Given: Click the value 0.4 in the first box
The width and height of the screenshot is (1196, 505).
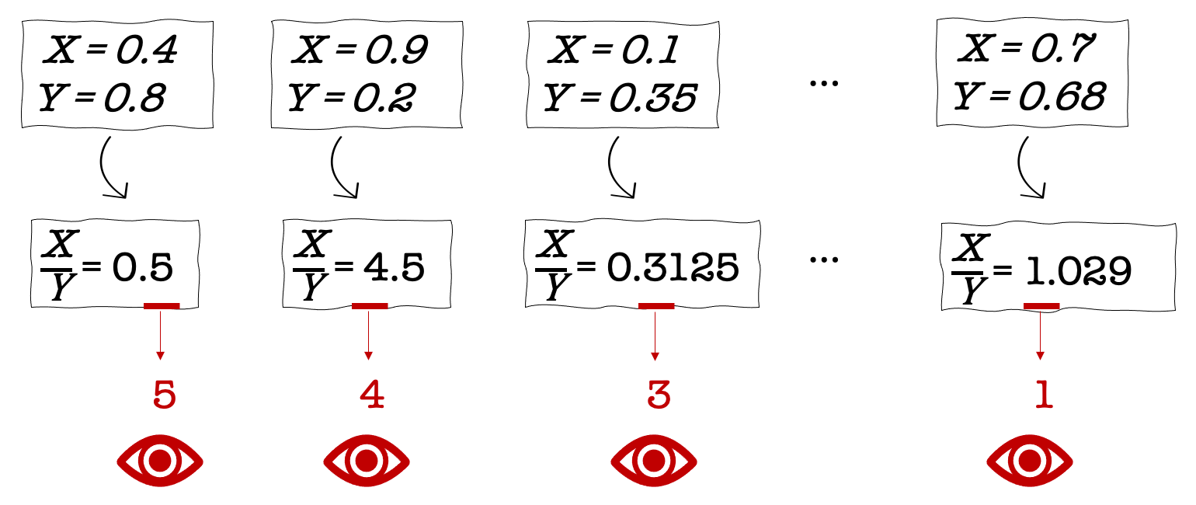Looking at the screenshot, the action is (146, 50).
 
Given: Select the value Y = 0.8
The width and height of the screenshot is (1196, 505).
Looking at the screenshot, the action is (102, 98).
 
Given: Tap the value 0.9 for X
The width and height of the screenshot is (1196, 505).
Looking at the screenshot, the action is (396, 50).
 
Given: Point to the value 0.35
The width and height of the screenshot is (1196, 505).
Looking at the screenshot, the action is (653, 98).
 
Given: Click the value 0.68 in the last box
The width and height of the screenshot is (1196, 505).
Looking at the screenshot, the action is (1062, 96).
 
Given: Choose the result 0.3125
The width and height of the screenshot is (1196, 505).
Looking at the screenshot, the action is (673, 267).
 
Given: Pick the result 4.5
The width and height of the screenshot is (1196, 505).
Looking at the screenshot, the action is (394, 267).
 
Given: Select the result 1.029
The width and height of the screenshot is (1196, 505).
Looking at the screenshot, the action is (1079, 271).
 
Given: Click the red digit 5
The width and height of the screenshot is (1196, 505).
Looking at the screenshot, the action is (165, 395).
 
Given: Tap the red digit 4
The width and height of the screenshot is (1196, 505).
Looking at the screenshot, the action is (372, 395).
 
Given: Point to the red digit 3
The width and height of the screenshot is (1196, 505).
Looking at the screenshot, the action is (659, 395).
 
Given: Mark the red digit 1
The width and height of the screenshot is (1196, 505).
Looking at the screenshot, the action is (1045, 395).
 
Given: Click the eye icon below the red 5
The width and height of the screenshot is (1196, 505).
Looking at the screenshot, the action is (160, 461).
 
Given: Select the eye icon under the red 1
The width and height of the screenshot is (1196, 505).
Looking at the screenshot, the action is (1030, 461).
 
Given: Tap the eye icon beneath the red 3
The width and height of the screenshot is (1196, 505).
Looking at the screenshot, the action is (654, 461).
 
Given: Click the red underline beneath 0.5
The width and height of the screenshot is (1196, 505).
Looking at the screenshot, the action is (162, 306).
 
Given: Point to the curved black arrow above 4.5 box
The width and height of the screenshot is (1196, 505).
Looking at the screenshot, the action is (336, 172).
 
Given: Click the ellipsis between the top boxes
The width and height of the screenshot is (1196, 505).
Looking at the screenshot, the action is (824, 83).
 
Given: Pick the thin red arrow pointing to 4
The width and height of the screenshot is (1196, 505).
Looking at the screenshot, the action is (368, 335).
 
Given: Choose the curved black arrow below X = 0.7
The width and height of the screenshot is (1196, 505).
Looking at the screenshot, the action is (1021, 172).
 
